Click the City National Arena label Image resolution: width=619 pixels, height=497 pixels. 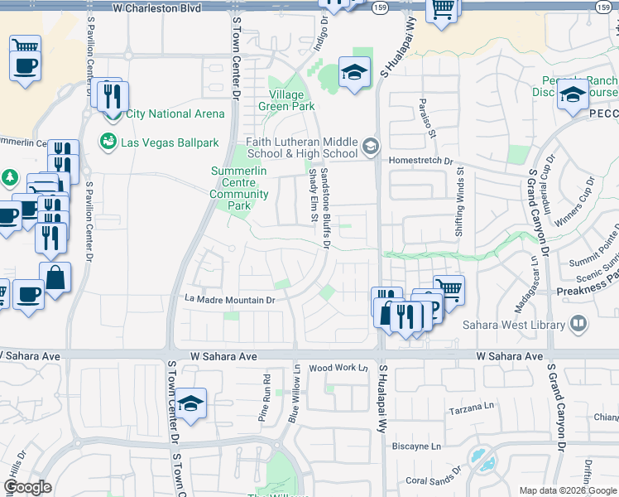(175, 113)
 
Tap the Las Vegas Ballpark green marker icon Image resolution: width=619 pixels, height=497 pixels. (108, 142)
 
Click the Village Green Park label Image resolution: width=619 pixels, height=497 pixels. (286, 100)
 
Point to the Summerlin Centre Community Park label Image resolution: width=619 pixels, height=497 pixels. (239, 182)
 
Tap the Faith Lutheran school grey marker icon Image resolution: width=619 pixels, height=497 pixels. (371, 147)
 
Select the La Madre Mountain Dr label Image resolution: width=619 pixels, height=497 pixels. (229, 300)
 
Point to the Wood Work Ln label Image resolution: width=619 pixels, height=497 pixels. (338, 368)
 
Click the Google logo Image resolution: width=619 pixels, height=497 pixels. (27, 487)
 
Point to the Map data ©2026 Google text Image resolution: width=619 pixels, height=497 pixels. (568, 490)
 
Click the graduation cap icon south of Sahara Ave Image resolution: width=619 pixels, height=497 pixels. (191, 403)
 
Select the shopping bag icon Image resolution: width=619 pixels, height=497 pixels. (55, 278)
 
